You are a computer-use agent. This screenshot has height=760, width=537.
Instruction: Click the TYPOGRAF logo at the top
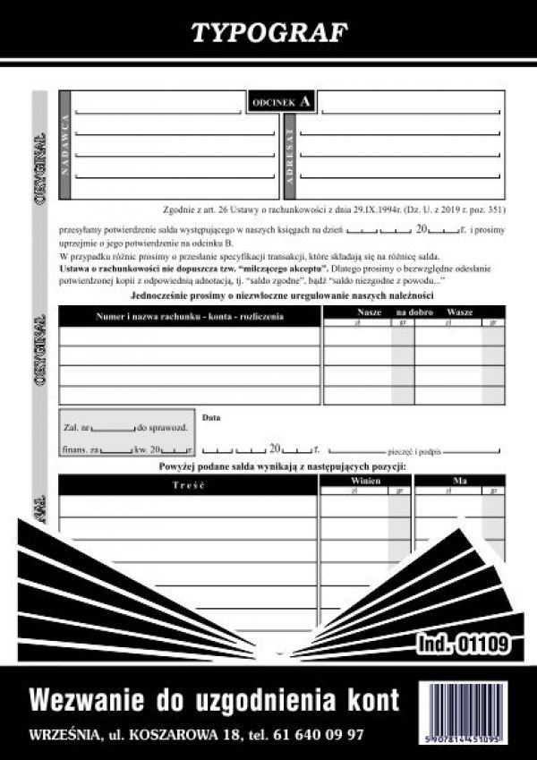(x=268, y=32)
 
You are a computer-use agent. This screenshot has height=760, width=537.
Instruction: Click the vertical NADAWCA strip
(x=64, y=145)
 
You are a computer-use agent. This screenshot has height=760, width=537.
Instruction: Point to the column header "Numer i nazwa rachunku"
(x=190, y=316)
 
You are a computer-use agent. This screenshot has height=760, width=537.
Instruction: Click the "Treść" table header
(x=189, y=484)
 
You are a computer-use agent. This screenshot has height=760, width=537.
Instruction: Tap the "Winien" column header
(x=367, y=481)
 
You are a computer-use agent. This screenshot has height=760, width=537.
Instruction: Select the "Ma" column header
(x=460, y=481)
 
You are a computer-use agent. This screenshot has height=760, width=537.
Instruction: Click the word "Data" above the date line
(x=211, y=417)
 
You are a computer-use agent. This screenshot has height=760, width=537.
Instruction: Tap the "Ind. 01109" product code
(x=463, y=642)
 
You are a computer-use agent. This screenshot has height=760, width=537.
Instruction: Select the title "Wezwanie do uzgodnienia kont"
(x=215, y=697)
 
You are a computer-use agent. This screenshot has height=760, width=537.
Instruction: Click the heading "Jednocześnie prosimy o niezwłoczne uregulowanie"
(x=282, y=295)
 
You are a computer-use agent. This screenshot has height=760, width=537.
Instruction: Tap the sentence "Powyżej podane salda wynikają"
(x=282, y=467)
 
